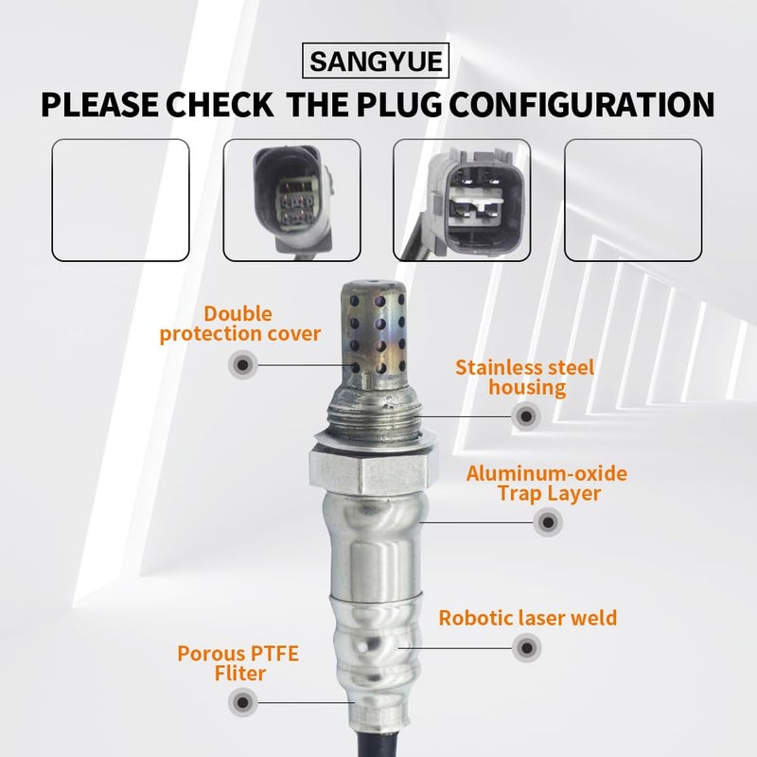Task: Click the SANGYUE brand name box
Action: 376,61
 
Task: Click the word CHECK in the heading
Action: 220,104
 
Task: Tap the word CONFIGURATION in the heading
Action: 582,104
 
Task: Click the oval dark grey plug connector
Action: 292,201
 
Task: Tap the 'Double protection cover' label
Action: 240,324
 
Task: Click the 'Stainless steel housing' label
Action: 525,378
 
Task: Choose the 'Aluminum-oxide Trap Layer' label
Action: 547,484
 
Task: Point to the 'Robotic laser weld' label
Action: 528,618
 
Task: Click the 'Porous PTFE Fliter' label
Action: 238,663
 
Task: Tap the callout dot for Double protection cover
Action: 243,364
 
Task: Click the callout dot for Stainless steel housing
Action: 526,415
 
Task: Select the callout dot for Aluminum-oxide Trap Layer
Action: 548,522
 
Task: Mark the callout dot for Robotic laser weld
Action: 527,647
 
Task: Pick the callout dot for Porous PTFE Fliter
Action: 243,702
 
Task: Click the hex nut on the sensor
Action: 369,469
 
